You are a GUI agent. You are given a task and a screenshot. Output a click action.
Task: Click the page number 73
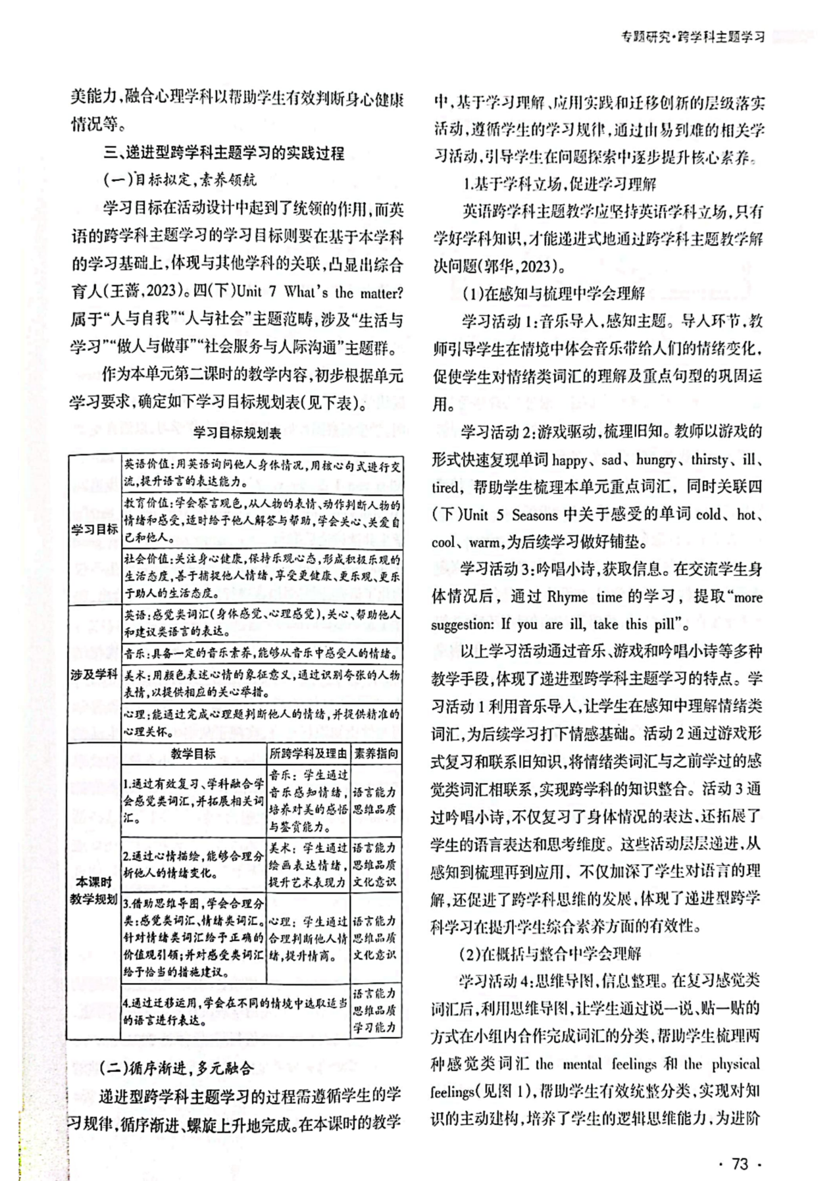740,1145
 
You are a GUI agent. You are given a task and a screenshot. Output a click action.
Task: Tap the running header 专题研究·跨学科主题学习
694,37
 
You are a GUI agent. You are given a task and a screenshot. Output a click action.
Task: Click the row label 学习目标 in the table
95,529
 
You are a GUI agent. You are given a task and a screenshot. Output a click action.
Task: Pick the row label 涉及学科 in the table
95,674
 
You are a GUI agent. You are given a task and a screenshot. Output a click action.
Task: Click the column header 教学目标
193,754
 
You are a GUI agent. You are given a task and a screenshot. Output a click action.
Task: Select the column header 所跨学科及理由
308,754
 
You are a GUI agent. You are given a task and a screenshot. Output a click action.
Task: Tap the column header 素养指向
376,754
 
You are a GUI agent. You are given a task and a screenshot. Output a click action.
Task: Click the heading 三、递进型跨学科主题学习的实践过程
224,153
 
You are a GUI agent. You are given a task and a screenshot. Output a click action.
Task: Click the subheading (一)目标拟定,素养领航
180,180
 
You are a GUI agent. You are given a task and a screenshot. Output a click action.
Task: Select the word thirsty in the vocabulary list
710,460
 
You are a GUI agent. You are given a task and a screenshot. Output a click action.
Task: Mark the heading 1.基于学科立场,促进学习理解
559,184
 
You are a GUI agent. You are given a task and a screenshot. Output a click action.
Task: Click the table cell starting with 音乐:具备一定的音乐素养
261,654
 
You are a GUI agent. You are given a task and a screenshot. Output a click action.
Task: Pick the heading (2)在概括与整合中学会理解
549,953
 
